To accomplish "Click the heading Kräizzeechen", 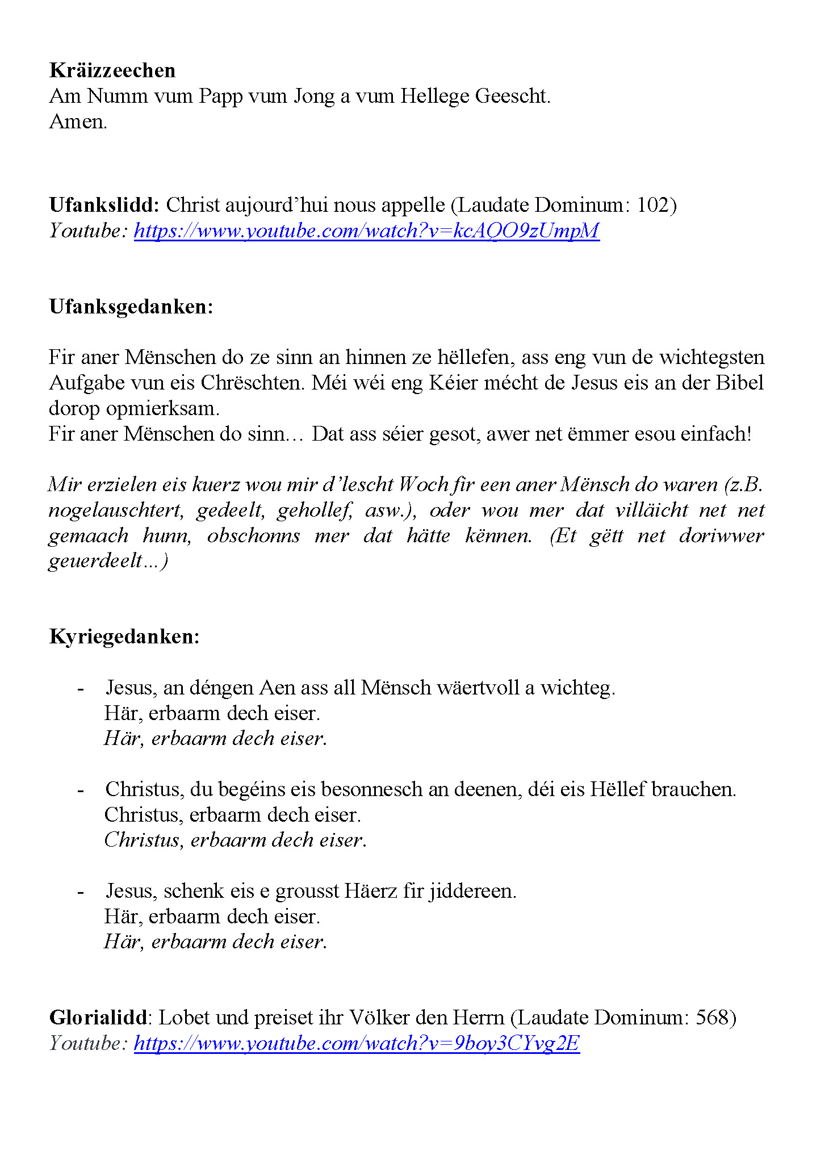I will (x=112, y=70).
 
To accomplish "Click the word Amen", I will (x=78, y=122).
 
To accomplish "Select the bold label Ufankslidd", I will (x=104, y=205).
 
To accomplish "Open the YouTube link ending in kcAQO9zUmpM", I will (x=366, y=231).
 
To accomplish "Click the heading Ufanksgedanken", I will (x=131, y=307).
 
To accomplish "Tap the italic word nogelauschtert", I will (x=116, y=510).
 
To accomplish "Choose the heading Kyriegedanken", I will (x=124, y=637).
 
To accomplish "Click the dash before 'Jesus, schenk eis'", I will (x=81, y=891).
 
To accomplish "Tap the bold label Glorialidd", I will (x=98, y=1018).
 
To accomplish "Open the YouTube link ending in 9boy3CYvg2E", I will (x=357, y=1043).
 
